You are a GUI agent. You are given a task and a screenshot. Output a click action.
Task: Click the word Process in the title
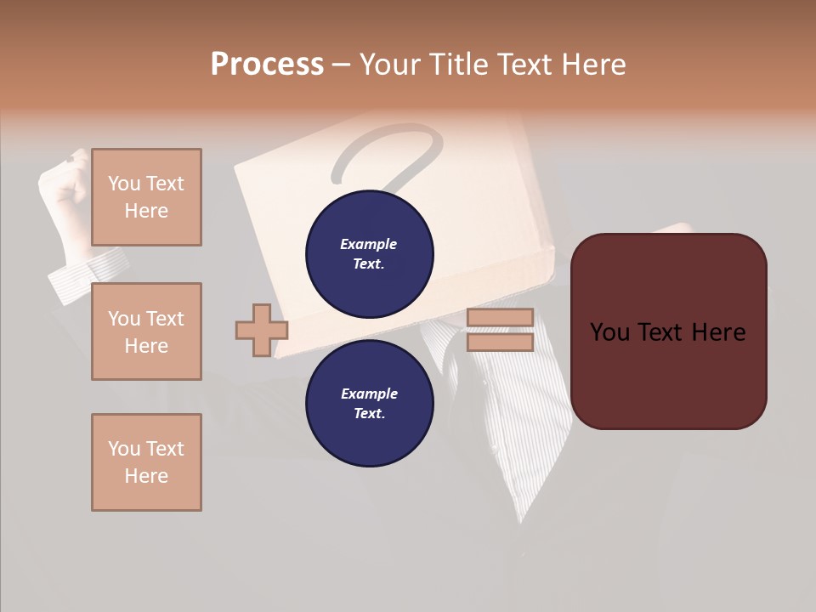267,65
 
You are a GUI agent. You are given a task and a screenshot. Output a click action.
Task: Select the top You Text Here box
146,197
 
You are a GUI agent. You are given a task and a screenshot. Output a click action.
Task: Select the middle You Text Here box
146,331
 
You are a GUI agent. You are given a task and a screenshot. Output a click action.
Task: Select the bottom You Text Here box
146,462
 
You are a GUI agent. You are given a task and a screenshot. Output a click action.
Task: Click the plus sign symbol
262,330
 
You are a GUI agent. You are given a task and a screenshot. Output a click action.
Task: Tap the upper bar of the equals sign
501,318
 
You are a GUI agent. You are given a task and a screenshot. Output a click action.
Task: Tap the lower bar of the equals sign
501,342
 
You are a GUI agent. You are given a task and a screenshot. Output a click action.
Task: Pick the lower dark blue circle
370,404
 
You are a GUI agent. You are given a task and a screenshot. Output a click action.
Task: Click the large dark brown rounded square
668,331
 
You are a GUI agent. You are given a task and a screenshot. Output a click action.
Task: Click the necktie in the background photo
510,408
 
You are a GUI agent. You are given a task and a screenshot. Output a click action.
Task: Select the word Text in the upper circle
368,263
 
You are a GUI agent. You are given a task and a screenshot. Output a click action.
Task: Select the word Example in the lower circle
369,394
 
